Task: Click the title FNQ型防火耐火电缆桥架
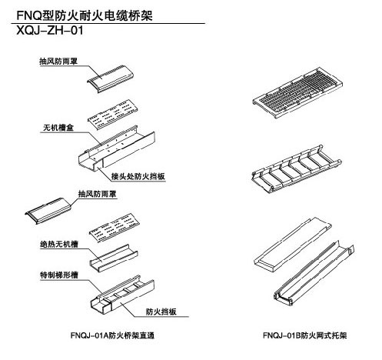tap(85, 15)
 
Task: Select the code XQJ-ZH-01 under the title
tap(50, 31)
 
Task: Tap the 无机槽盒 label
tap(58, 127)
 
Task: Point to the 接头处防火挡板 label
tap(138, 176)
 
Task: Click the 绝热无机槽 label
tap(59, 244)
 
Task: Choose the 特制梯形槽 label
tap(59, 275)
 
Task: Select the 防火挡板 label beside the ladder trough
tap(161, 312)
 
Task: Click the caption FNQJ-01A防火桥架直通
tap(112, 335)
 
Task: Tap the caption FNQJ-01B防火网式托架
tap(305, 335)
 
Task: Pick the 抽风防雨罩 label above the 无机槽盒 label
tap(58, 61)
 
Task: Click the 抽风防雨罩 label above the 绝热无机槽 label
tap(97, 194)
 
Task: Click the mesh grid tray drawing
tap(297, 93)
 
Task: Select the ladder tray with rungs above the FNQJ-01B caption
tap(297, 168)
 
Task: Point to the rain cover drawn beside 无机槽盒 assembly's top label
tap(110, 78)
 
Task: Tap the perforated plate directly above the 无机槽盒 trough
tap(113, 114)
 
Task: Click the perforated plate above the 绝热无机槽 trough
tap(115, 228)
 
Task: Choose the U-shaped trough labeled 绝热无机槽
tap(114, 258)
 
